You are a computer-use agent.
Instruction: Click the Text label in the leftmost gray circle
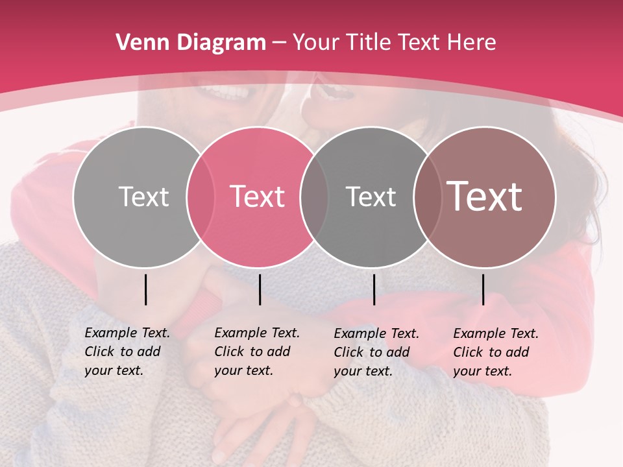click(x=143, y=197)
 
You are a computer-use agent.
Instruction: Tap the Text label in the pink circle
click(x=258, y=197)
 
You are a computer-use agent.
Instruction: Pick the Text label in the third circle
click(x=371, y=197)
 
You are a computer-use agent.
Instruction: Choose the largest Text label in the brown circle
click(x=485, y=196)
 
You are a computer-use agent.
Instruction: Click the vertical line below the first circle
click(x=145, y=289)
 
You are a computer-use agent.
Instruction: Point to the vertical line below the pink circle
click(x=260, y=289)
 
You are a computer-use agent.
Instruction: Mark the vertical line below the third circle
click(x=374, y=289)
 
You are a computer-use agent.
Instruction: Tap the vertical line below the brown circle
click(x=483, y=289)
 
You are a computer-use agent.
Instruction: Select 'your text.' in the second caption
click(x=243, y=370)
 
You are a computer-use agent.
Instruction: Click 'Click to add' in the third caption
click(x=372, y=352)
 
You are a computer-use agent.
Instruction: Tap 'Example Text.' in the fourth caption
click(x=496, y=333)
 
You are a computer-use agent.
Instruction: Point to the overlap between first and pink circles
click(x=201, y=197)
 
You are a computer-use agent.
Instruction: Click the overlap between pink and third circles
click(x=314, y=197)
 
